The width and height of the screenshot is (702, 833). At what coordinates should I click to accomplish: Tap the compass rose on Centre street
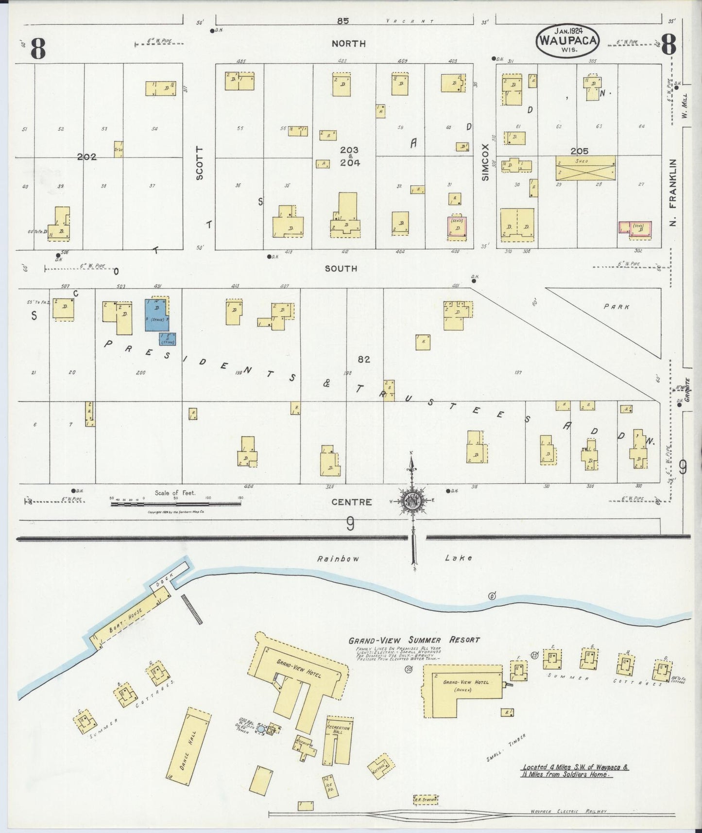[x=412, y=501]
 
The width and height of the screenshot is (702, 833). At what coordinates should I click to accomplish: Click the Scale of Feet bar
[x=176, y=504]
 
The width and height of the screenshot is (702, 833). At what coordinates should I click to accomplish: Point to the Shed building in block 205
[x=585, y=168]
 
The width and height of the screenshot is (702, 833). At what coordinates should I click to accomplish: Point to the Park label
[x=616, y=307]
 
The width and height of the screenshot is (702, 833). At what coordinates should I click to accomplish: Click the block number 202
[x=86, y=157]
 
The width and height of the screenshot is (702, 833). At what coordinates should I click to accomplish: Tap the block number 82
[x=364, y=359]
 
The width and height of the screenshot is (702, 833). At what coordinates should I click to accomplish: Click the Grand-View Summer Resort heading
[x=414, y=640]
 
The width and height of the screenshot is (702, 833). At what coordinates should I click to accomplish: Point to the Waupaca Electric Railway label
[x=568, y=812]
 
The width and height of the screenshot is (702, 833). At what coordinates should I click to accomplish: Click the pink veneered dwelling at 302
[x=634, y=229]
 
